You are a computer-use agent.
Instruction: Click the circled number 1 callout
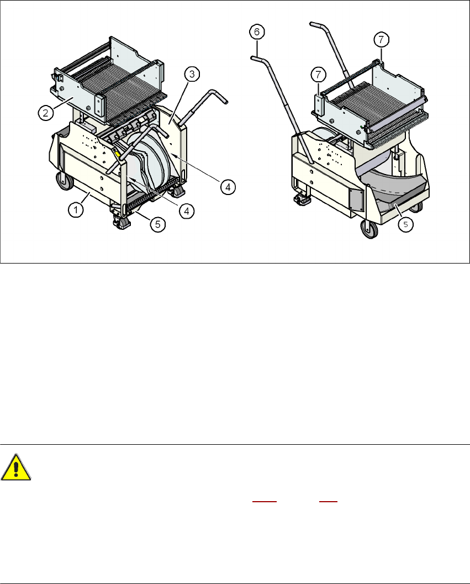[76, 210]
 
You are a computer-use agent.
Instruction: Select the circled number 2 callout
[46, 113]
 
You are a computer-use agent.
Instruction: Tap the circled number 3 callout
[192, 74]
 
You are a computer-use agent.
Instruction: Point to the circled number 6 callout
[257, 32]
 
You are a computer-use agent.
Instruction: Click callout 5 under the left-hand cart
[158, 224]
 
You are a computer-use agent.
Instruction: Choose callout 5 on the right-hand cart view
[405, 224]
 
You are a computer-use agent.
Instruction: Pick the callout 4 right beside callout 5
[187, 211]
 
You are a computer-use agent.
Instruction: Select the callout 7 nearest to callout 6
[319, 75]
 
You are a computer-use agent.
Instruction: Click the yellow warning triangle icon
[15, 467]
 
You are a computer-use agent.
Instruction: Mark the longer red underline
[265, 502]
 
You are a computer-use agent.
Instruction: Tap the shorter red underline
[328, 502]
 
